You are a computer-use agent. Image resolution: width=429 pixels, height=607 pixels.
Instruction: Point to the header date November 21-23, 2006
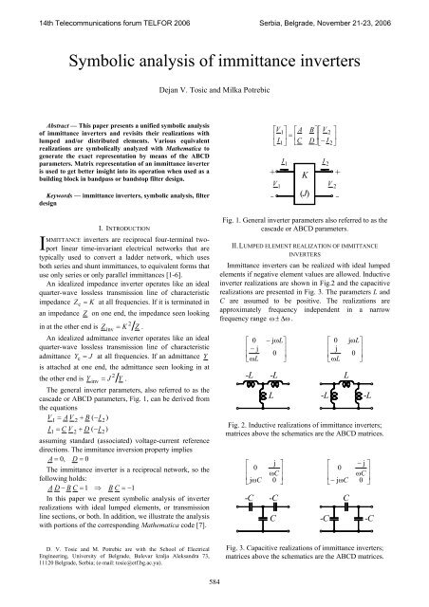click(371, 9)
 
